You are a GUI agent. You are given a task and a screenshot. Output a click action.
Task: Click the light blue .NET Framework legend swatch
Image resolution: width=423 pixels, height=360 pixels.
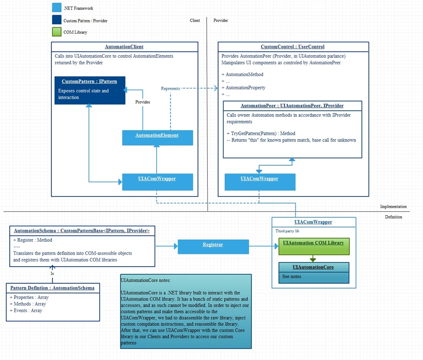pyautogui.click(x=57, y=7)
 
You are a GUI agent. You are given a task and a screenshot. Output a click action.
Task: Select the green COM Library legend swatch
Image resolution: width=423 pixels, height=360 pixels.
pyautogui.click(x=57, y=32)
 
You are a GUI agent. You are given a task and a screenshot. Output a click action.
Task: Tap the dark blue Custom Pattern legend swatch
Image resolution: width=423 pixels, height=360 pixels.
pyautogui.click(x=57, y=20)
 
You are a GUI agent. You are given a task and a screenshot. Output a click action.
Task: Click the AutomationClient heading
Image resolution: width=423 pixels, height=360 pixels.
pyautogui.click(x=124, y=47)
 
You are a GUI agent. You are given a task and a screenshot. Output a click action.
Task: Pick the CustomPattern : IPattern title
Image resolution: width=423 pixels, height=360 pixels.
pyautogui.click(x=89, y=82)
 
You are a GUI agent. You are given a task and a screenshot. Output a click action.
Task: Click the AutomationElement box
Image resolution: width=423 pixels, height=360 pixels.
pyautogui.click(x=157, y=138)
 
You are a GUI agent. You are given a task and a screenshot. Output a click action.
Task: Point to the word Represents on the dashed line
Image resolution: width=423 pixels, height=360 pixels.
pyautogui.click(x=170, y=89)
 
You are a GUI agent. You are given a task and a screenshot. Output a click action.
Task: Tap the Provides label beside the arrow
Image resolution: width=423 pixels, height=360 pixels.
pyautogui.click(x=142, y=102)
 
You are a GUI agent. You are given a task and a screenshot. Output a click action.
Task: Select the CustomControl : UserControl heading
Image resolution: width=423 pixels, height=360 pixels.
pyautogui.click(x=292, y=47)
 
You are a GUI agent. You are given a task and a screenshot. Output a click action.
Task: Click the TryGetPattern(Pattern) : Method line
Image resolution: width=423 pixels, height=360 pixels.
pyautogui.click(x=261, y=134)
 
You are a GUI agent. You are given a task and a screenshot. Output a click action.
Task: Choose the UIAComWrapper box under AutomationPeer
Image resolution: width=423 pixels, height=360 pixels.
pyautogui.click(x=260, y=182)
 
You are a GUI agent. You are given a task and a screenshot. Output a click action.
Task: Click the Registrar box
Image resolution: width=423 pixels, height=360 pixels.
pyautogui.click(x=214, y=247)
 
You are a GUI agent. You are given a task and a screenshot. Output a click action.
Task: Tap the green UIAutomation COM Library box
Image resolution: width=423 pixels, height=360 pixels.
pyautogui.click(x=314, y=246)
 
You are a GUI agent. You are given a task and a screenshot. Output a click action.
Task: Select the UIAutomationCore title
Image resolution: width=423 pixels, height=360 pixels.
pyautogui.click(x=313, y=267)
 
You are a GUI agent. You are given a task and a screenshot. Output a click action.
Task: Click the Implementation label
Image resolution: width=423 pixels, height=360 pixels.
pyautogui.click(x=393, y=206)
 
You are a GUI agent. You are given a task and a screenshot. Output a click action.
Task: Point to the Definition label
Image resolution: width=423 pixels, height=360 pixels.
pyautogui.click(x=393, y=217)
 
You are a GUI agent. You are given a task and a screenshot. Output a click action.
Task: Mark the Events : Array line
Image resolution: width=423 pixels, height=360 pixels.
pyautogui.click(x=26, y=310)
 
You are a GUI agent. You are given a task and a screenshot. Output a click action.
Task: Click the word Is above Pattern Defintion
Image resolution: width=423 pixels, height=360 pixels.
pyautogui.click(x=52, y=273)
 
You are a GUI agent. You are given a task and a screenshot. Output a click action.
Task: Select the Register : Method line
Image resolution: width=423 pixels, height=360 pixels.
pyautogui.click(x=32, y=240)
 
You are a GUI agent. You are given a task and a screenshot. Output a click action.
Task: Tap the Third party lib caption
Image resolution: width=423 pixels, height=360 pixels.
pyautogui.click(x=287, y=231)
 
